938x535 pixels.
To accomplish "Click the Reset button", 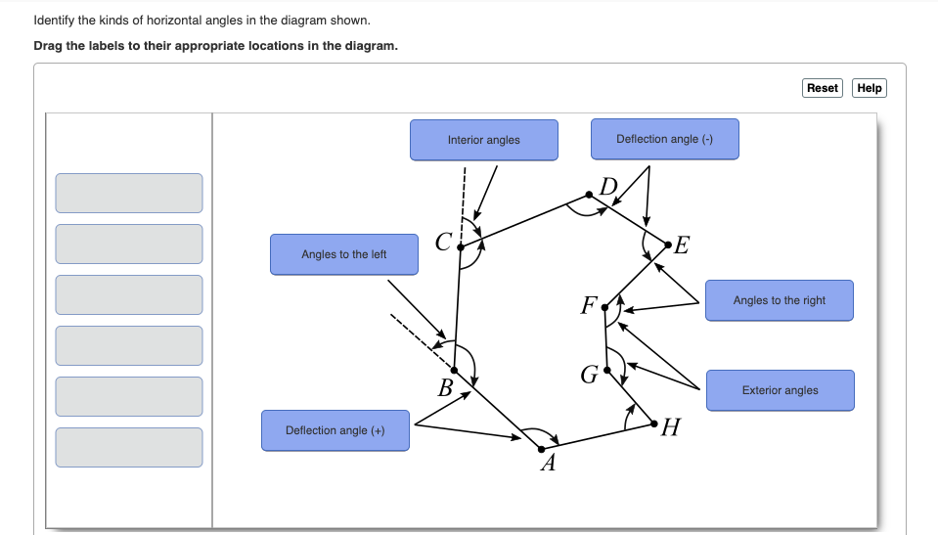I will (x=822, y=88).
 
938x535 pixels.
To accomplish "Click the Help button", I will (x=869, y=88).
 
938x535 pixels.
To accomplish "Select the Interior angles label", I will (x=483, y=140).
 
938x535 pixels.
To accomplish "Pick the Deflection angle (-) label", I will (x=664, y=139).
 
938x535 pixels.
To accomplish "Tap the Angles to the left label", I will (x=343, y=254).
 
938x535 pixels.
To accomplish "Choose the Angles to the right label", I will (x=779, y=300).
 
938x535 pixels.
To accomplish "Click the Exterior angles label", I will (x=780, y=390).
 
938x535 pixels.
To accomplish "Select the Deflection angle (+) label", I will (x=335, y=430).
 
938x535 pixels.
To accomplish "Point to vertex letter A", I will (x=548, y=465).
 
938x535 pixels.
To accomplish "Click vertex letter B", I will (x=445, y=388).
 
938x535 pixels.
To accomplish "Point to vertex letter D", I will (x=609, y=187).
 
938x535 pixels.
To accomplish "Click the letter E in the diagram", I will (x=682, y=245).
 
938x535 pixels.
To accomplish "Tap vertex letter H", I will (x=670, y=427).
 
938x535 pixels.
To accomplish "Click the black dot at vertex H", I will (x=653, y=423).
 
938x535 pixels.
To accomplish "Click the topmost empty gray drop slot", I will (x=129, y=193).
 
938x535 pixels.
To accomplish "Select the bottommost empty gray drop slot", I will (x=129, y=447).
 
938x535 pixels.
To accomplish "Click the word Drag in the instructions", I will (x=47, y=46).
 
